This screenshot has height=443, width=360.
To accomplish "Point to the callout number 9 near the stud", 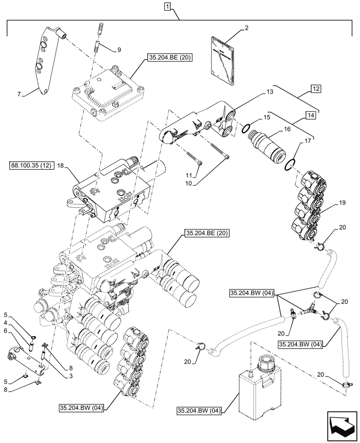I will pos(118,50).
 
